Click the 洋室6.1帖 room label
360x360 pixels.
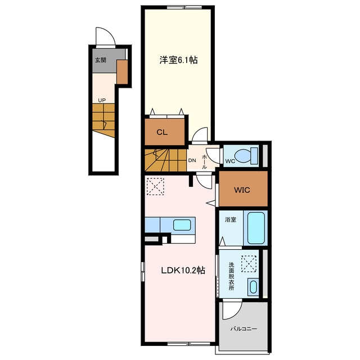(178, 60)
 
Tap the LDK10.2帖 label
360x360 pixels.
(183, 271)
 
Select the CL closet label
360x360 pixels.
(162, 132)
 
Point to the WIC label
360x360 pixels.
(242, 190)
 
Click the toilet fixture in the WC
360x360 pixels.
(247, 156)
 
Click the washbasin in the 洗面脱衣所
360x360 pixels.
(253, 287)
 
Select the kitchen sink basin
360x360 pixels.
(182, 225)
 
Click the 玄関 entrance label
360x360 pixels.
(101, 60)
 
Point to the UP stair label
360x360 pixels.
(102, 100)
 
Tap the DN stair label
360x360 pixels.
(192, 160)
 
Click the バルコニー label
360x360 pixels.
(244, 329)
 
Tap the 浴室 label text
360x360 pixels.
(230, 219)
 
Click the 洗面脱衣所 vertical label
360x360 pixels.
(231, 276)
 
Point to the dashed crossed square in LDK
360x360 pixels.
(155, 186)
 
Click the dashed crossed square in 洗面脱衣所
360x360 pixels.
(249, 264)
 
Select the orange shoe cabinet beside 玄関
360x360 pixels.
(122, 72)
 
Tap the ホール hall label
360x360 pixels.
(204, 162)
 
